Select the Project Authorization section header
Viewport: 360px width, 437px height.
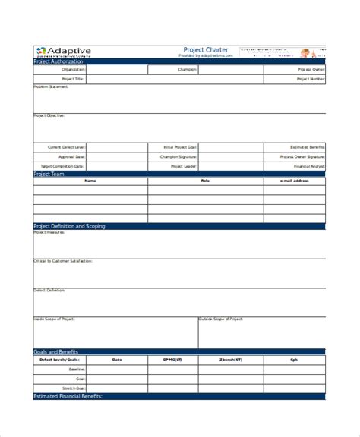pos(59,61)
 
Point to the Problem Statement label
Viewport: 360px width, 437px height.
pos(51,86)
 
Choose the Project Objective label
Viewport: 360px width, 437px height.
pos(49,115)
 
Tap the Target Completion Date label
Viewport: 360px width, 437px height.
pos(67,165)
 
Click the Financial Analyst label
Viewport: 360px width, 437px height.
pos(311,165)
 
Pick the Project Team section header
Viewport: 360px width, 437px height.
pos(49,174)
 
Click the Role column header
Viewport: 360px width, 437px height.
pos(204,181)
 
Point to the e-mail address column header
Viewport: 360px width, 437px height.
pos(295,181)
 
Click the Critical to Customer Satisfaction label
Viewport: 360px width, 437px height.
pos(63,260)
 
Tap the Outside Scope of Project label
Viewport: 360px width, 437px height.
pos(221,319)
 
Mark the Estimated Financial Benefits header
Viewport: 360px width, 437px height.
pos(68,396)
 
